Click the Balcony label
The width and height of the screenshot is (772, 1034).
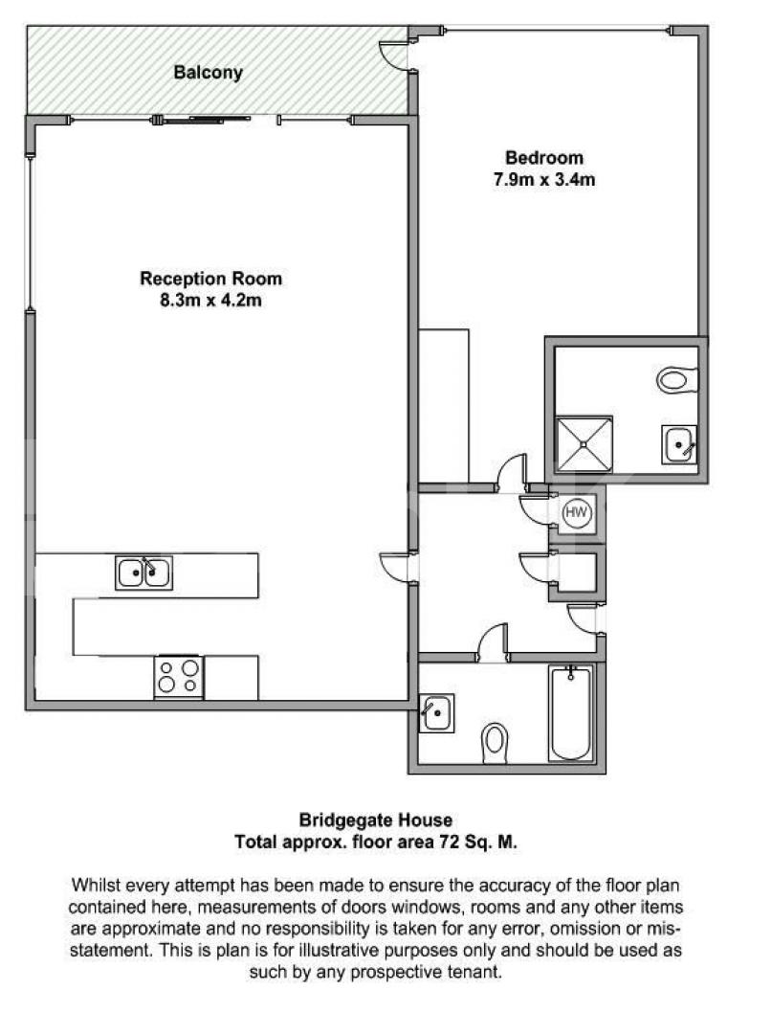[208, 72]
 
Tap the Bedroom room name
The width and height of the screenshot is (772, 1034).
[543, 158]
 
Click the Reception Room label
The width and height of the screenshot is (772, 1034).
[211, 279]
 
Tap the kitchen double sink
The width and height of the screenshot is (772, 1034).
[143, 573]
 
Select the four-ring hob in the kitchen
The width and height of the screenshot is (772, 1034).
[179, 677]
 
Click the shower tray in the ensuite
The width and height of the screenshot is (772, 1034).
[584, 443]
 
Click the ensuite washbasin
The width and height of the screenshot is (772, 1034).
[680, 445]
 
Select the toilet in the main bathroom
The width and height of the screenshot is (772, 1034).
[495, 740]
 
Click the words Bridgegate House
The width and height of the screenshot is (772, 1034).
[376, 820]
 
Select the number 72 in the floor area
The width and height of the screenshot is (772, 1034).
[446, 842]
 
